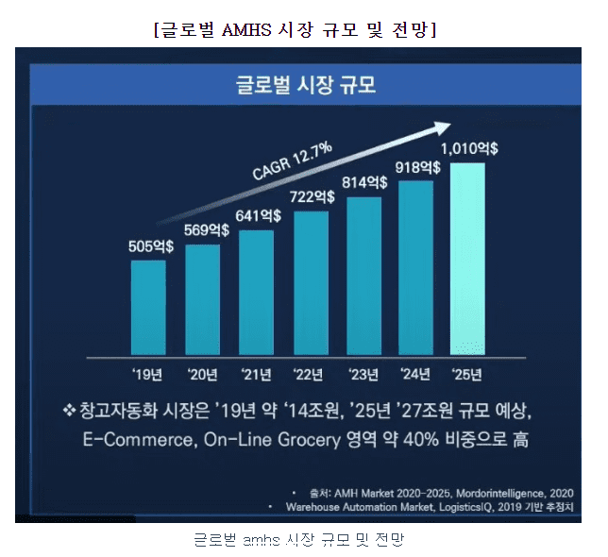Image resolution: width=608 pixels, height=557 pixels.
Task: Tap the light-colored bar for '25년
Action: pyautogui.click(x=468, y=259)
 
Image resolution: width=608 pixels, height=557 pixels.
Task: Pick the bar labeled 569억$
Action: pyautogui.click(x=202, y=299)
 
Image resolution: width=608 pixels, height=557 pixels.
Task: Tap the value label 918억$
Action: pyautogui.click(x=418, y=166)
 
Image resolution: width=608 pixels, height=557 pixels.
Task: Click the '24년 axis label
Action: pyautogui.click(x=415, y=374)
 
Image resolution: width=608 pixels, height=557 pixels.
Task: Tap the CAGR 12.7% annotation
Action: pyautogui.click(x=292, y=160)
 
